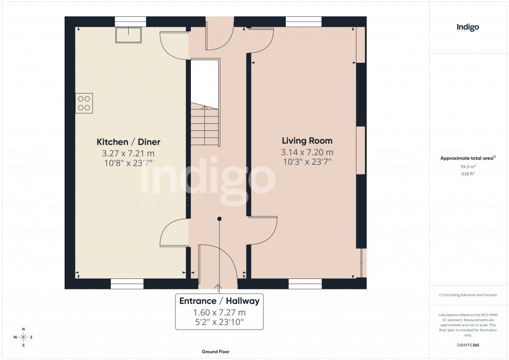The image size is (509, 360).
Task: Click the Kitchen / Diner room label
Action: [x=128, y=142]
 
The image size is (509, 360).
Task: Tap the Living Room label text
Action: [x=307, y=141]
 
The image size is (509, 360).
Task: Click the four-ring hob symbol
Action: [x=84, y=103]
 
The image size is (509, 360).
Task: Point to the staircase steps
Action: [x=204, y=126]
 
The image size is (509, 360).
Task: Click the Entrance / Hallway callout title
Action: [x=219, y=301]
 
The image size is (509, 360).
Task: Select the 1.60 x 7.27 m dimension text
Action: [x=219, y=313]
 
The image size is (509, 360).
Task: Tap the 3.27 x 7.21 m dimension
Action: [x=128, y=153]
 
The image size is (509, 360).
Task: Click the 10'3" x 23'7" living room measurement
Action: [x=307, y=162]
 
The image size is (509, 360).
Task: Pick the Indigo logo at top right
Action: [x=468, y=27]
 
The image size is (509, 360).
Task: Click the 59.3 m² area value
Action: [x=468, y=167]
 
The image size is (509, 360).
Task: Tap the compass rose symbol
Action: [x=23, y=338]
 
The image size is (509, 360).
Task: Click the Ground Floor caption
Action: [x=216, y=352]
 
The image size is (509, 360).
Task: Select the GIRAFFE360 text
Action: [x=468, y=345]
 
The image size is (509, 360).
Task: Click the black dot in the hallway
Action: [x=219, y=218]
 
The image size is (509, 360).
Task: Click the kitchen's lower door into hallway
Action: [x=174, y=234]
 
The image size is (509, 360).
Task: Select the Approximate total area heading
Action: [x=468, y=158]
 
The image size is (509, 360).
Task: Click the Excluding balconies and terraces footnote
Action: [x=468, y=295]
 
